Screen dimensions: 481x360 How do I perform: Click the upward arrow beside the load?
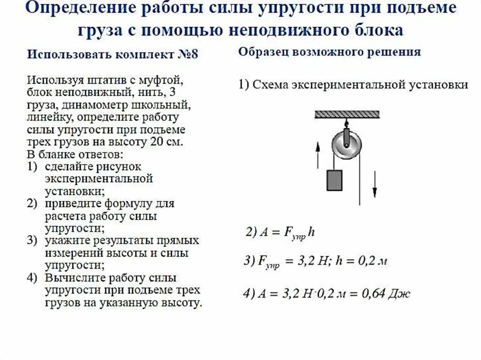pyautogui.click(x=318, y=155)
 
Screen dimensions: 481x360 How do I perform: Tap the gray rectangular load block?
pyautogui.click(x=334, y=180)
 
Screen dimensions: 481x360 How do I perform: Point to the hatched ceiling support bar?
pyautogui.click(x=347, y=114)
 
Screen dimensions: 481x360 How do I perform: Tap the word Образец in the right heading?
pyautogui.click(x=264, y=52)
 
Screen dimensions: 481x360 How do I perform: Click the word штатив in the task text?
pyautogui.click(x=96, y=78)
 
